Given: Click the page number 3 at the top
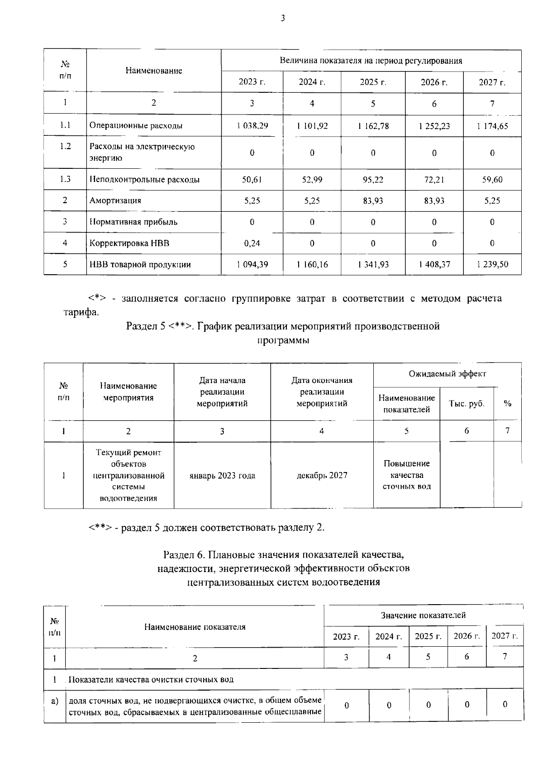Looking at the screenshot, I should pyautogui.click(x=282, y=18).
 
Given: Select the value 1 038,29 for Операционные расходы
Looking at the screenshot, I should pyautogui.click(x=252, y=126).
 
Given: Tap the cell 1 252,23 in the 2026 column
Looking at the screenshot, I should pyautogui.click(x=434, y=126).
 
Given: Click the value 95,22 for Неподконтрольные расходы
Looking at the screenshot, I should pyautogui.click(x=373, y=180).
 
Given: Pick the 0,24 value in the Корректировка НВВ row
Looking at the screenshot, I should pyautogui.click(x=252, y=243).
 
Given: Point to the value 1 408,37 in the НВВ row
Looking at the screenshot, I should pyautogui.click(x=434, y=265).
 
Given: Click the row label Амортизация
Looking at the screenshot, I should pyautogui.click(x=115, y=200).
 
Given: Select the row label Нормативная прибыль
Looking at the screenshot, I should pyautogui.click(x=133, y=222).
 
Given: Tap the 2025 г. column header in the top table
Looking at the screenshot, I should pyautogui.click(x=373, y=82).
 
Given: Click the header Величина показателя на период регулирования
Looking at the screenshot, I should pyautogui.click(x=371, y=61).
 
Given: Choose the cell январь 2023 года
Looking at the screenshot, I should pyautogui.click(x=222, y=476).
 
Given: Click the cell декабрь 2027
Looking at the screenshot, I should pyautogui.click(x=322, y=476).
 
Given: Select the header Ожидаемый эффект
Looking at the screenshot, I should pyautogui.click(x=447, y=374).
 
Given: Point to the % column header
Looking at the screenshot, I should pyautogui.click(x=507, y=404).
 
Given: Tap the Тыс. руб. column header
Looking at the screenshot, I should pyautogui.click(x=467, y=404).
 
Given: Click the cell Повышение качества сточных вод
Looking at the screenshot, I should pyautogui.click(x=406, y=475).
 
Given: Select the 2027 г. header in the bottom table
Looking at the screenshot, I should pyautogui.click(x=505, y=636).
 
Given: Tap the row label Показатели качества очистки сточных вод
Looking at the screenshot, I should pyautogui.click(x=152, y=680).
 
